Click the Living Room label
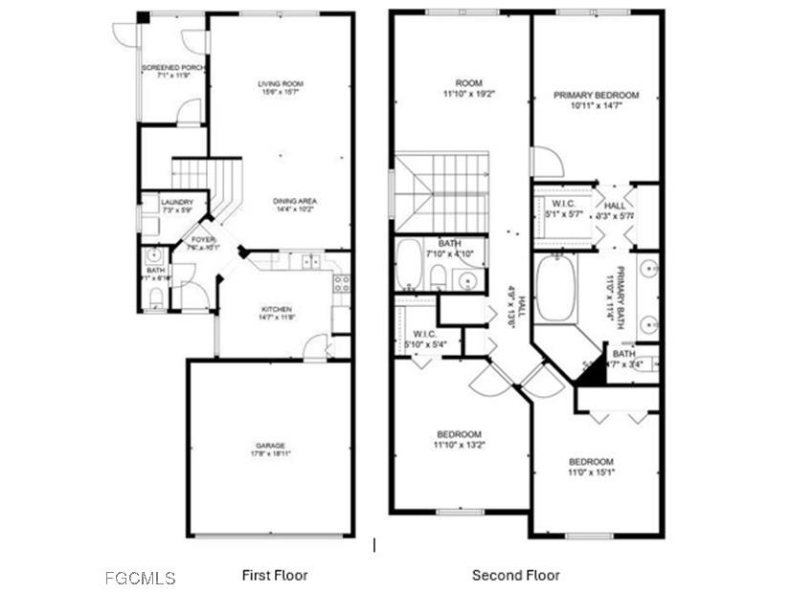(281, 84)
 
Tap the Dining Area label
(295, 201)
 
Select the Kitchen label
(277, 309)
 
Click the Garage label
(270, 445)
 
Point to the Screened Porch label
(173, 68)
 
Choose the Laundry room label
(177, 202)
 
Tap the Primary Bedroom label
(596, 96)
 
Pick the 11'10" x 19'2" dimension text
(468, 95)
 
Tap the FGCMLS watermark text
(140, 578)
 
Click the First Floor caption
(274, 575)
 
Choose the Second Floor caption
(515, 575)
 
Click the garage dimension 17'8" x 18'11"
(270, 453)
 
